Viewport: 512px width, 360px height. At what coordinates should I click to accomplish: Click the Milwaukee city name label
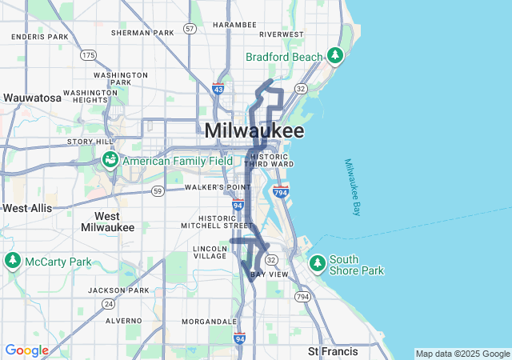coord(254,130)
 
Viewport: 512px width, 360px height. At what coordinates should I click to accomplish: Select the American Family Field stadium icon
coord(110,160)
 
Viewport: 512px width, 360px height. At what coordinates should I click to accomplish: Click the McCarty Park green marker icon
coord(13,261)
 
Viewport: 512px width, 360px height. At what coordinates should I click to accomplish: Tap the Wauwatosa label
coord(32,98)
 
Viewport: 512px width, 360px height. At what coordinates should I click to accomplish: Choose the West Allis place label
coord(26,208)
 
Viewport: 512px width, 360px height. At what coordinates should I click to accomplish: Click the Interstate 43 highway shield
coord(218,89)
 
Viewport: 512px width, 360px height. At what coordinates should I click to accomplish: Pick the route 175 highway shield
coord(87,54)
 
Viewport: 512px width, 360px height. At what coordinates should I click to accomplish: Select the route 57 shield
coord(190,28)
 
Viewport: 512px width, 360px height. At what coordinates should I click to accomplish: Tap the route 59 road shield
coord(158,190)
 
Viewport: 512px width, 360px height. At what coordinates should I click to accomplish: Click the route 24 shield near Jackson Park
coord(108,304)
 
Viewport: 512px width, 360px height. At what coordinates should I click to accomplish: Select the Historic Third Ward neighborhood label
coord(267,159)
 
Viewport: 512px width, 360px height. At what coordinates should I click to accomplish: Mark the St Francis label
coord(330,351)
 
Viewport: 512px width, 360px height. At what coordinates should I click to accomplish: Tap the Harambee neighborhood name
coord(234,24)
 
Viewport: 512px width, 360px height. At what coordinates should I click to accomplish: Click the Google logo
coord(26,350)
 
